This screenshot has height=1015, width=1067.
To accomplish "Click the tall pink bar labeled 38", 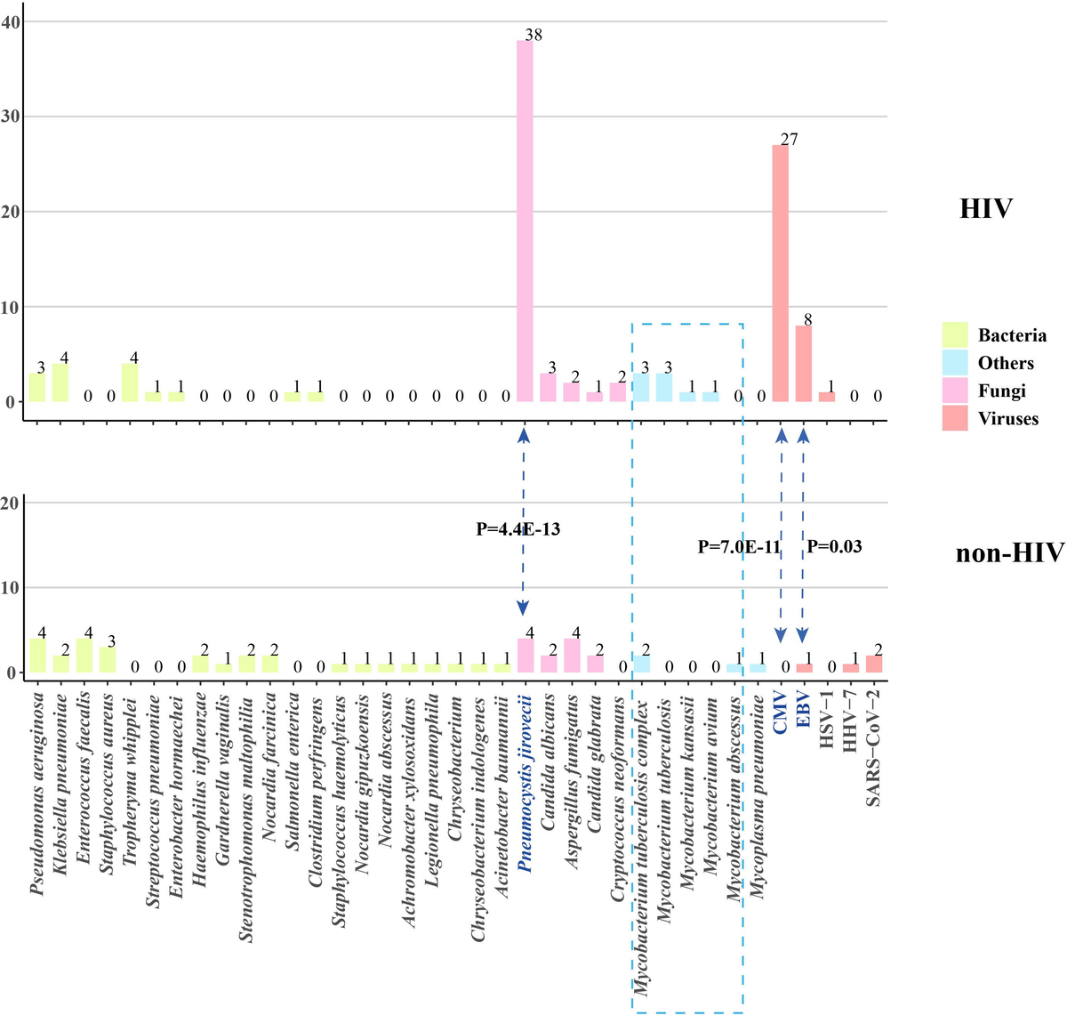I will click(525, 222).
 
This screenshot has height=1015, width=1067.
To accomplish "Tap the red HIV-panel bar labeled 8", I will click(803, 365).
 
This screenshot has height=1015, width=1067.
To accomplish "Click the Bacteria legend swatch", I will click(954, 335).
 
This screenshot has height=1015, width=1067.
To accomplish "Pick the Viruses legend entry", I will click(1007, 418).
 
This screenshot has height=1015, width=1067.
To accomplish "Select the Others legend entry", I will click(1005, 363).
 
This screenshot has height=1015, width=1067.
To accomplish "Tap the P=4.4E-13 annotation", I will click(518, 529).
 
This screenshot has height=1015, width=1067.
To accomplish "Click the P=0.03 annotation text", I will click(834, 546).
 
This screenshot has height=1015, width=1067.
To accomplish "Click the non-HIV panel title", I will click(1009, 553).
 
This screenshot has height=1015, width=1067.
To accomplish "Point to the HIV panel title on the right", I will click(986, 210).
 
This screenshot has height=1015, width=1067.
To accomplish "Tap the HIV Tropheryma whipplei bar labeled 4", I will click(130, 383).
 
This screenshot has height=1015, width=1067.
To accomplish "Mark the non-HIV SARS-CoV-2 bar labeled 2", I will click(874, 664).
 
